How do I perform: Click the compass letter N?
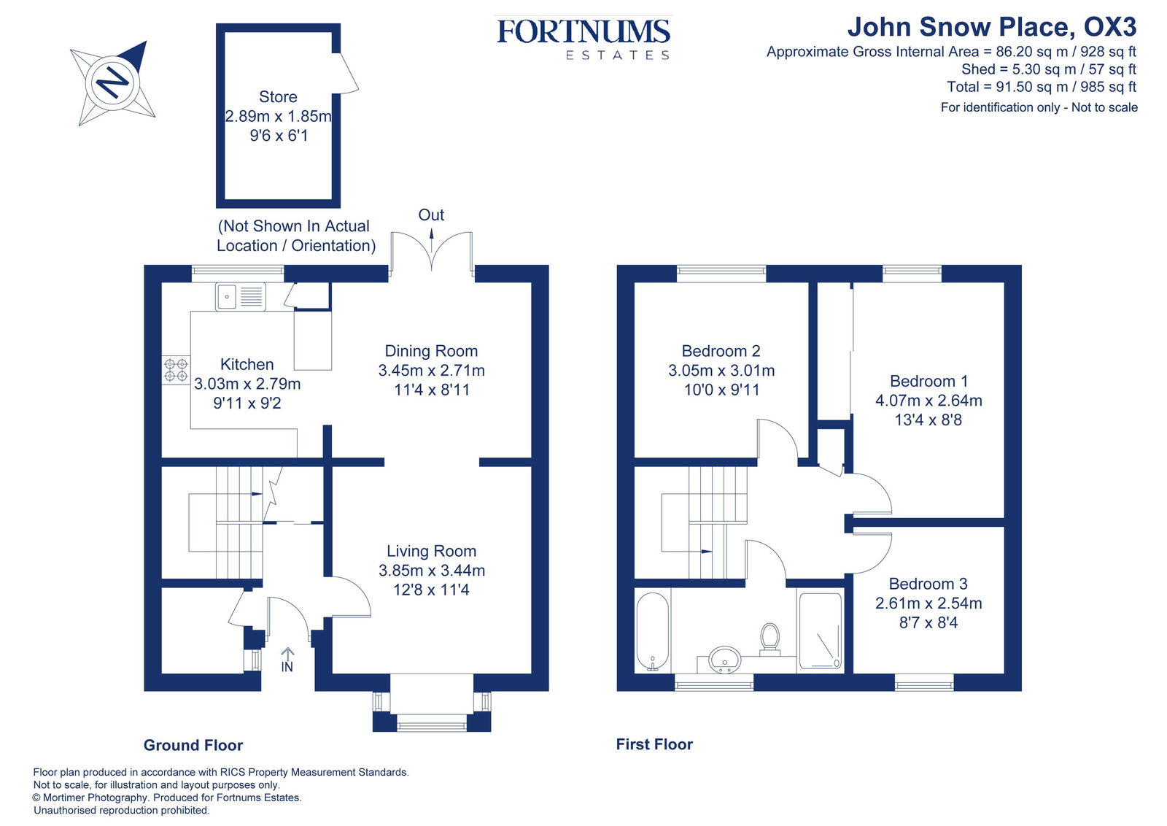click(113, 82)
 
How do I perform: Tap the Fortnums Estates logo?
click(583, 38)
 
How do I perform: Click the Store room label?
click(278, 97)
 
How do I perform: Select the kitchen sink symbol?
click(240, 297)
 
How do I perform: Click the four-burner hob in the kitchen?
click(176, 370)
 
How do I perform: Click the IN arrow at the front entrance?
click(287, 655)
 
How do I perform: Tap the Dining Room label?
click(431, 351)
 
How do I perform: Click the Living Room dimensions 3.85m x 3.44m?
click(431, 571)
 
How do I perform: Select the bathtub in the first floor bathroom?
click(652, 632)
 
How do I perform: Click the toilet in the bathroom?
click(769, 637)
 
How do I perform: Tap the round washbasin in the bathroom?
click(724, 660)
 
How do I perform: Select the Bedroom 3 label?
click(928, 584)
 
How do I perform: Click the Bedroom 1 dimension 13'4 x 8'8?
click(928, 420)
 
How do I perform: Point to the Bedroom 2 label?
click(721, 351)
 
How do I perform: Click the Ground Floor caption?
click(193, 745)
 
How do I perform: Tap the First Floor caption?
click(654, 744)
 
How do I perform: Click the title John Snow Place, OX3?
click(991, 28)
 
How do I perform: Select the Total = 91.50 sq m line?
click(1041, 87)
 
